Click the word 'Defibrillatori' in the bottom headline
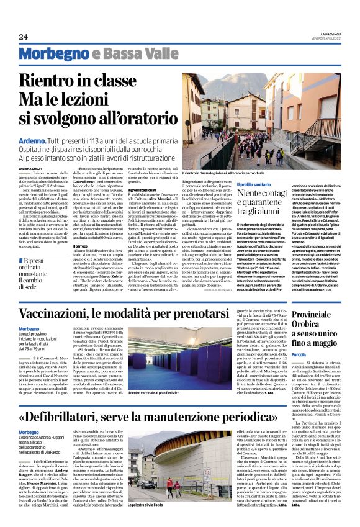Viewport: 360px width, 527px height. pos(79,417)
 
